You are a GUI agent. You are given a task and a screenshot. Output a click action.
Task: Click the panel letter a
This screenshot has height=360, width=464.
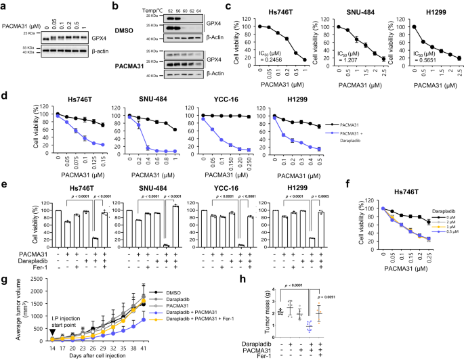tap(5, 6)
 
